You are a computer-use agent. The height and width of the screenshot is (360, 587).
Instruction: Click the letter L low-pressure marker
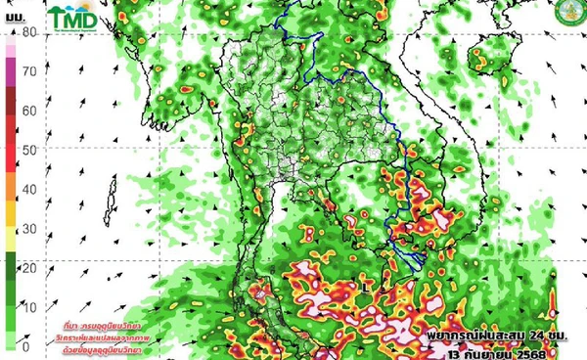364,286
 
